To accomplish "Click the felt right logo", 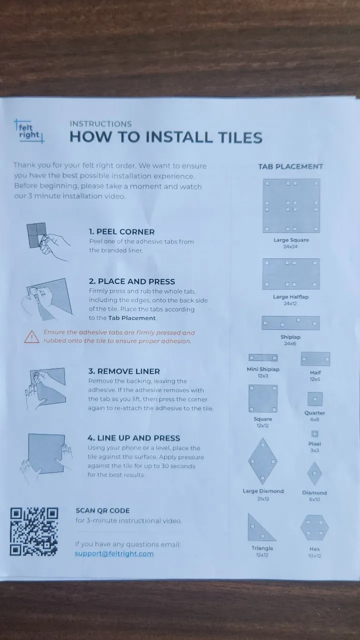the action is (x=29, y=131).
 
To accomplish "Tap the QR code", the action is (x=34, y=531).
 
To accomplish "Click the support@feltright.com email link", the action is (x=114, y=553).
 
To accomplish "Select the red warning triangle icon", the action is (x=31, y=336).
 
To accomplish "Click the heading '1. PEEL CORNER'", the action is (x=121, y=231).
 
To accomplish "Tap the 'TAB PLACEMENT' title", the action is (x=290, y=166).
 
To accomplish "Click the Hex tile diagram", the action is (x=314, y=527).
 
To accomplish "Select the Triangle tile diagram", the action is (x=260, y=528).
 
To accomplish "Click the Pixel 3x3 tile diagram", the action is (x=314, y=433).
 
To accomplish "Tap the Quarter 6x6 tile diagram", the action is (x=315, y=399).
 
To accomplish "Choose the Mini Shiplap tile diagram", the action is (x=263, y=357).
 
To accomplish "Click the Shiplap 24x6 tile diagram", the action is (x=290, y=323).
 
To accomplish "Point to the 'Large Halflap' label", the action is (x=290, y=297).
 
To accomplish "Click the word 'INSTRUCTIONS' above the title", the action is (x=100, y=124).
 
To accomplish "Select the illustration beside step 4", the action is (x=45, y=458).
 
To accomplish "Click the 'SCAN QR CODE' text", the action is (x=102, y=510).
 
